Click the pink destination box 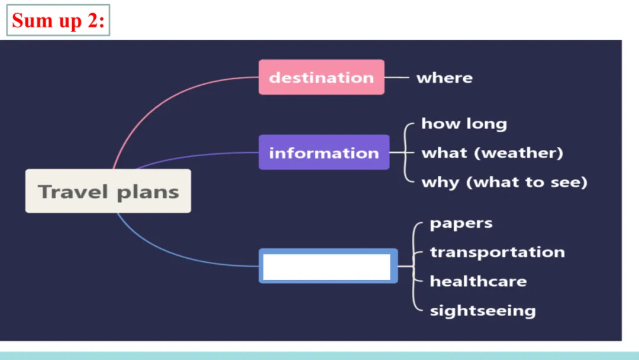click(321, 77)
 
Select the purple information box click(324, 152)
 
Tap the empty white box click(327, 266)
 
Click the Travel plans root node click(108, 191)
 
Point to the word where click(444, 78)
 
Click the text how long click(464, 124)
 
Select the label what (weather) click(492, 153)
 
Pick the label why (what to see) click(504, 182)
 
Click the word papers click(461, 224)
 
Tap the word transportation click(497, 252)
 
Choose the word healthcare click(478, 281)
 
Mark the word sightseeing click(482, 310)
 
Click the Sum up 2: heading click(58, 20)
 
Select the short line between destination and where click(397, 78)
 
